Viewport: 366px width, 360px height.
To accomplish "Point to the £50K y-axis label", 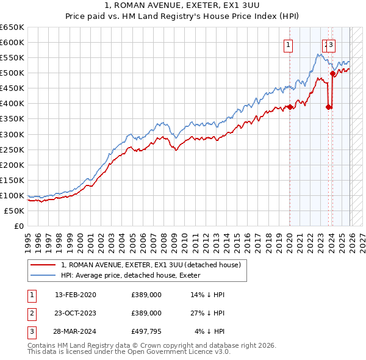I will point(14,211).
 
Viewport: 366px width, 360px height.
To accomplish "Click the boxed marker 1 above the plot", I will point(288,44).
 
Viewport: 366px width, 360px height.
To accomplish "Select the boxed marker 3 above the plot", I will point(331,44).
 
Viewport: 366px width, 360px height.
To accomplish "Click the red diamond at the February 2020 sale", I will point(289,107).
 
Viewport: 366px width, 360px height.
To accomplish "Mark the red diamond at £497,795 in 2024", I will point(332,74).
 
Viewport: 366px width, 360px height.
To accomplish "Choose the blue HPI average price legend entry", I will point(134,275).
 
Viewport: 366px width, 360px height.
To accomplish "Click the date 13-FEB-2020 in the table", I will point(75,295).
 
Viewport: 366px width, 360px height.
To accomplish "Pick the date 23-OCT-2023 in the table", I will point(75,313).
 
